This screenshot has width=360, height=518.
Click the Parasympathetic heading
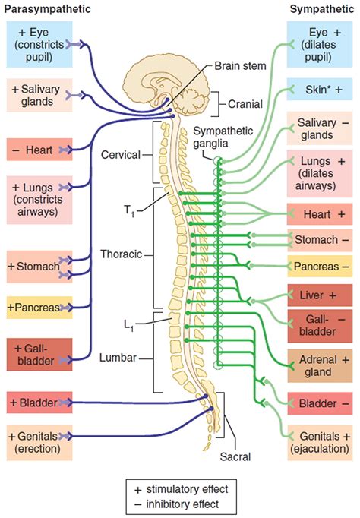click(x=47, y=9)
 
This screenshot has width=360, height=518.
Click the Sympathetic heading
click(x=322, y=9)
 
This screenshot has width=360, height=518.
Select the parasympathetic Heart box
click(x=39, y=150)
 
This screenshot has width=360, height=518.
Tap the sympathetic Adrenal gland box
click(x=320, y=365)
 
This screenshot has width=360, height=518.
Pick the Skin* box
click(x=320, y=89)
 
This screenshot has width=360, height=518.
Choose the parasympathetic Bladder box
click(x=39, y=403)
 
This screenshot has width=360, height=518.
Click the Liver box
click(x=320, y=295)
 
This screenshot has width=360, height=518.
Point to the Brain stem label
click(x=240, y=66)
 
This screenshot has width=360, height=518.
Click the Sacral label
click(x=235, y=456)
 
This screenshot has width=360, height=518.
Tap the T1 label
click(x=129, y=210)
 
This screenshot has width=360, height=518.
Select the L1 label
click(x=129, y=325)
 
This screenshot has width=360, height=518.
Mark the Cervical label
click(x=121, y=155)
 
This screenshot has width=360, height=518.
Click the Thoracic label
click(x=122, y=254)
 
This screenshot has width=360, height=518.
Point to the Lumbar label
click(x=118, y=358)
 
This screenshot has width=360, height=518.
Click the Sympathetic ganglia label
click(x=223, y=137)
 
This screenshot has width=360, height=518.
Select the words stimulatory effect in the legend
click(x=187, y=489)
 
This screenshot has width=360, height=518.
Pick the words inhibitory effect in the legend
click(x=182, y=504)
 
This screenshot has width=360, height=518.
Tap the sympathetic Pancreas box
click(x=320, y=267)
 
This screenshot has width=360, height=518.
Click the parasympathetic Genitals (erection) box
click(x=39, y=443)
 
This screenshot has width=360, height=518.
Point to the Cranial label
click(x=245, y=104)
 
